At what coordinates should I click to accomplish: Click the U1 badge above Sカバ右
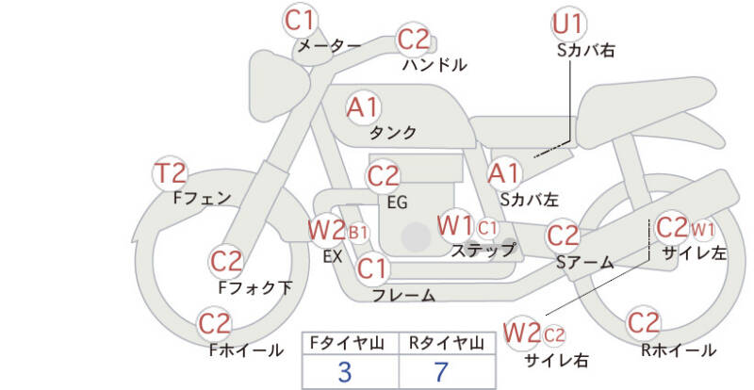[568, 24]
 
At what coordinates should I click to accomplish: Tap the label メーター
[329, 45]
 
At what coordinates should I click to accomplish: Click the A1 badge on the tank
[364, 107]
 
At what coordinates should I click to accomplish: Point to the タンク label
[393, 133]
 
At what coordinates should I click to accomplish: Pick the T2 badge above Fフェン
[171, 174]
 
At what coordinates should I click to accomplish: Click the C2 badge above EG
[383, 176]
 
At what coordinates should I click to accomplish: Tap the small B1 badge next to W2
[358, 232]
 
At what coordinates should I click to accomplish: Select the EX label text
[332, 255]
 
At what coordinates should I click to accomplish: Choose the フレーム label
[403, 296]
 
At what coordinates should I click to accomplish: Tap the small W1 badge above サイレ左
[703, 228]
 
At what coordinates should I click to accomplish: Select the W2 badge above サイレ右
[522, 333]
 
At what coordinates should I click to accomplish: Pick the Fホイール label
[245, 350]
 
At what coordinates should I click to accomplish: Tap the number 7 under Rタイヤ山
[440, 372]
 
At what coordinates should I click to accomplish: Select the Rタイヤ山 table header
[440, 344]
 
